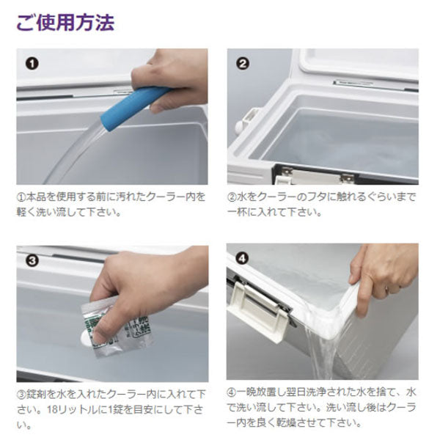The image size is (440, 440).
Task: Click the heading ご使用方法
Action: click(x=65, y=22)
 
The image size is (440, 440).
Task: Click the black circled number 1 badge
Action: click(x=32, y=64)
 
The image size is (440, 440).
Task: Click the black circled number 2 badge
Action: click(x=243, y=64)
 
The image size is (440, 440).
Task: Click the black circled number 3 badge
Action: click(x=32, y=258)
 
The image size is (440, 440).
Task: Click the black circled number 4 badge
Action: click(x=243, y=259)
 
